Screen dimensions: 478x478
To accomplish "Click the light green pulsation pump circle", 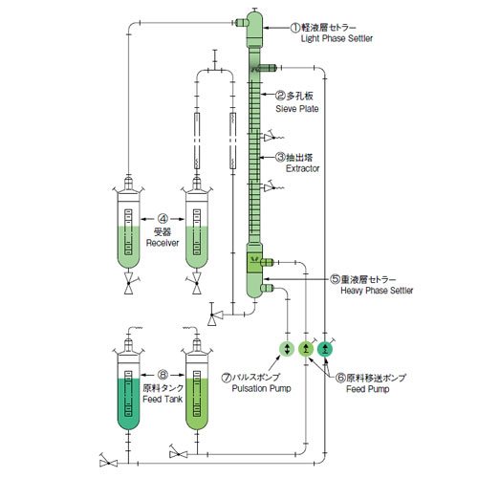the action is tap(287, 349).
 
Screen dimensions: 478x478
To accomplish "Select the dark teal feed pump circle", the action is tap(325, 349).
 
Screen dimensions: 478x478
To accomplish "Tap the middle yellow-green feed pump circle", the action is tap(306, 349).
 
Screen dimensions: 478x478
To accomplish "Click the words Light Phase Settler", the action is tap(337, 38).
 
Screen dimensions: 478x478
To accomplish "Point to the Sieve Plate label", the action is tap(297, 109).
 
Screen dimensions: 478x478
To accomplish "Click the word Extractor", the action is tap(302, 168).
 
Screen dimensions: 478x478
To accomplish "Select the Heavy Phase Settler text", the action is tap(377, 291).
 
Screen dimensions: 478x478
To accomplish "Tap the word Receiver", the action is tap(163, 243).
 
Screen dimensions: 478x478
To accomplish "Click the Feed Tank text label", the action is tap(163, 399).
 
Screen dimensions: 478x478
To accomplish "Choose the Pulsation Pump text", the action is tap(261, 388).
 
